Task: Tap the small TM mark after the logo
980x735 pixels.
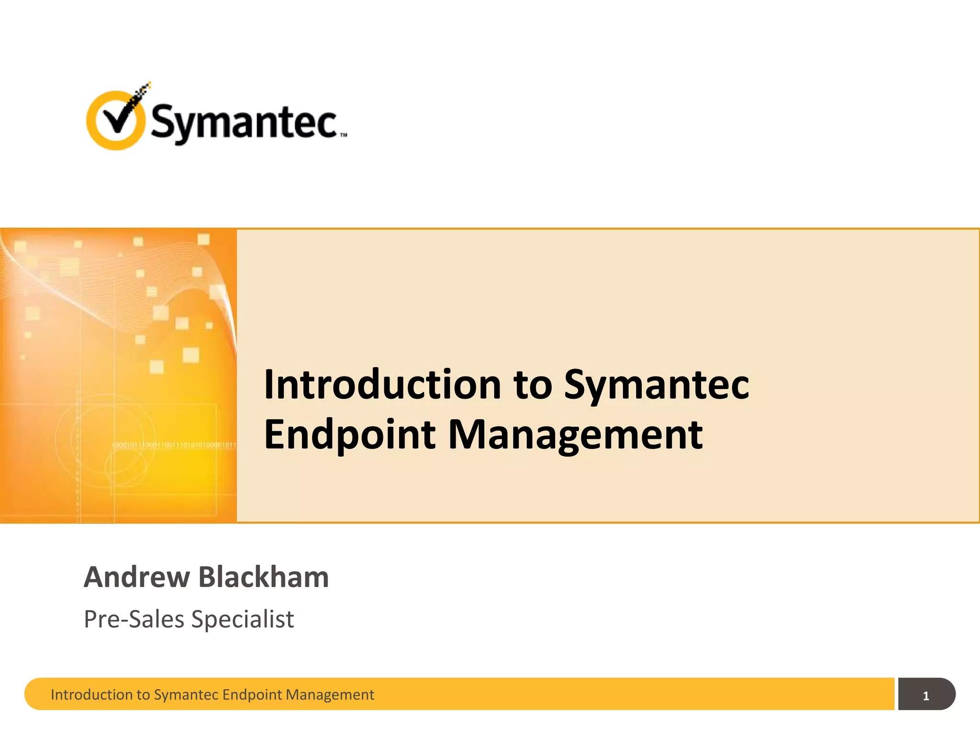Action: (344, 135)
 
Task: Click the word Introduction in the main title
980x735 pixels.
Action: (382, 385)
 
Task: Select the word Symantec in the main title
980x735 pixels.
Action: (656, 386)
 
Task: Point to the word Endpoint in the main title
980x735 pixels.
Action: (349, 434)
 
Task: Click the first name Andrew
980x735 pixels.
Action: (137, 577)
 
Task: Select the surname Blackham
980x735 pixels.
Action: (264, 577)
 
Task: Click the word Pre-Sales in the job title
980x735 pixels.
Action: (134, 619)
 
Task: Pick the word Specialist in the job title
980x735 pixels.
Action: (243, 619)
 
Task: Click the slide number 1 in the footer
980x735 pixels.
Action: (926, 696)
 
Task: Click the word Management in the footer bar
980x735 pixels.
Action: (330, 694)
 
